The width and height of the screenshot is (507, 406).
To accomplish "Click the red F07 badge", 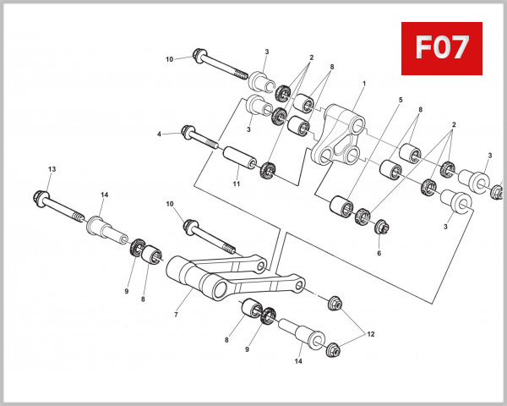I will point(441,48).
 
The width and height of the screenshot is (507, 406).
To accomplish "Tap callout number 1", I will point(364,85).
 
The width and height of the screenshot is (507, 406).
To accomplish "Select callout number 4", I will point(159,134).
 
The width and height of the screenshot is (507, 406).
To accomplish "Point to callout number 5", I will point(401,100).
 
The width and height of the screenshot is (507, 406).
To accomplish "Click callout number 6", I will point(379,253).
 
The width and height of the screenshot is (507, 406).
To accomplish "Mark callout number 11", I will point(237,184).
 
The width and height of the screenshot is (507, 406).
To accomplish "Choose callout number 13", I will point(52,170).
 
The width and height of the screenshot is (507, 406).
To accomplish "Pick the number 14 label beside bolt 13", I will point(105,195).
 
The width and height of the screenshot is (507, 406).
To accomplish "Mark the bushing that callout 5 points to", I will point(341,206).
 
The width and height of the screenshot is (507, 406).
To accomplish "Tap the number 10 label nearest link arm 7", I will point(171,204).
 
